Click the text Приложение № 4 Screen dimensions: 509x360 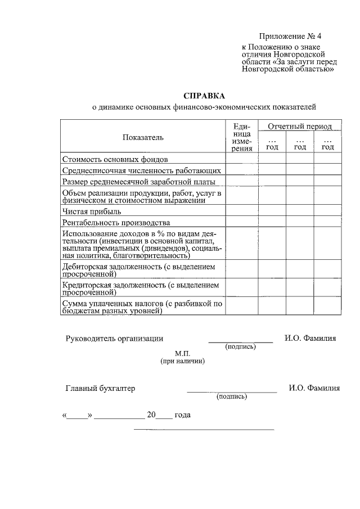289,37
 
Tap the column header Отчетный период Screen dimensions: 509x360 299,127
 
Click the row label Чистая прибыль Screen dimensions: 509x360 92,211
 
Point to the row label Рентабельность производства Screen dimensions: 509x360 116,222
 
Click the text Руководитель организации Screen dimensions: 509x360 114,338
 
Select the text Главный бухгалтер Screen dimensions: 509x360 100,388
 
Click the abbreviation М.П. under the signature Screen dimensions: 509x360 182,353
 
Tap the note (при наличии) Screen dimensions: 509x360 182,361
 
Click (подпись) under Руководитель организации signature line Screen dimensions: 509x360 240,346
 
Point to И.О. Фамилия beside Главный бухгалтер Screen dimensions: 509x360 314,388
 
